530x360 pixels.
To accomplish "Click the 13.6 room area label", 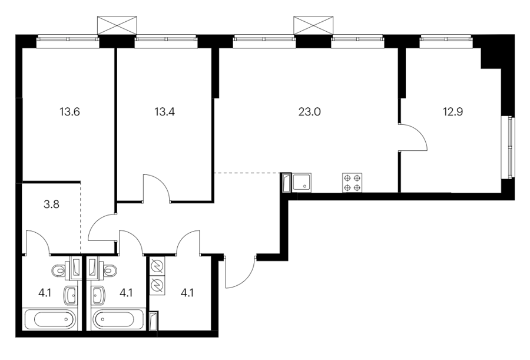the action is [x=69, y=112].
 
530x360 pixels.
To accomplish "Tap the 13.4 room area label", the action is [x=165, y=112].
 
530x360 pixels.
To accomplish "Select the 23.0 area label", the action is [x=309, y=112].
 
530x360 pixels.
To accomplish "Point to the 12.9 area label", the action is [x=453, y=112].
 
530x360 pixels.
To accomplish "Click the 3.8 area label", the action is [x=51, y=204].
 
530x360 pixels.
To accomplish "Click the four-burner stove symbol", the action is [x=352, y=183].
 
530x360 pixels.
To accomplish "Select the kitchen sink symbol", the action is [x=302, y=183].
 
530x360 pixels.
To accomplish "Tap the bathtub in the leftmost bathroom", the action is [x=50, y=319].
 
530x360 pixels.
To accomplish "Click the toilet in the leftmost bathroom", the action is [x=61, y=270].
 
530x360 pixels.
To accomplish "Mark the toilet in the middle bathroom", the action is [x=109, y=270].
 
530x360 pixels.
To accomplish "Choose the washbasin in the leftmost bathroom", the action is [x=70, y=295].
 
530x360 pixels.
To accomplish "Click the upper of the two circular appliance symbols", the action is [x=157, y=266].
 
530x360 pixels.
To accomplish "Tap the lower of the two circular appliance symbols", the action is [x=157, y=286].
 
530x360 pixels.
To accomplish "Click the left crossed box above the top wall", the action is [x=117, y=25].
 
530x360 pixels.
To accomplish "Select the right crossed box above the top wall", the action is [x=313, y=25].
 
